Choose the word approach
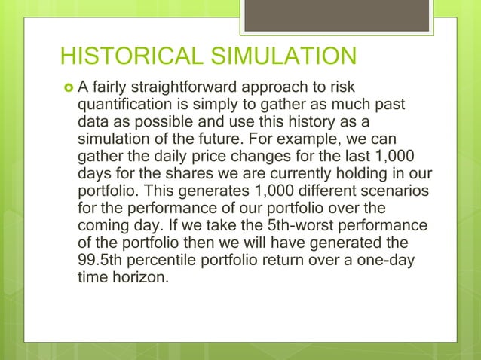click(x=290, y=89)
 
